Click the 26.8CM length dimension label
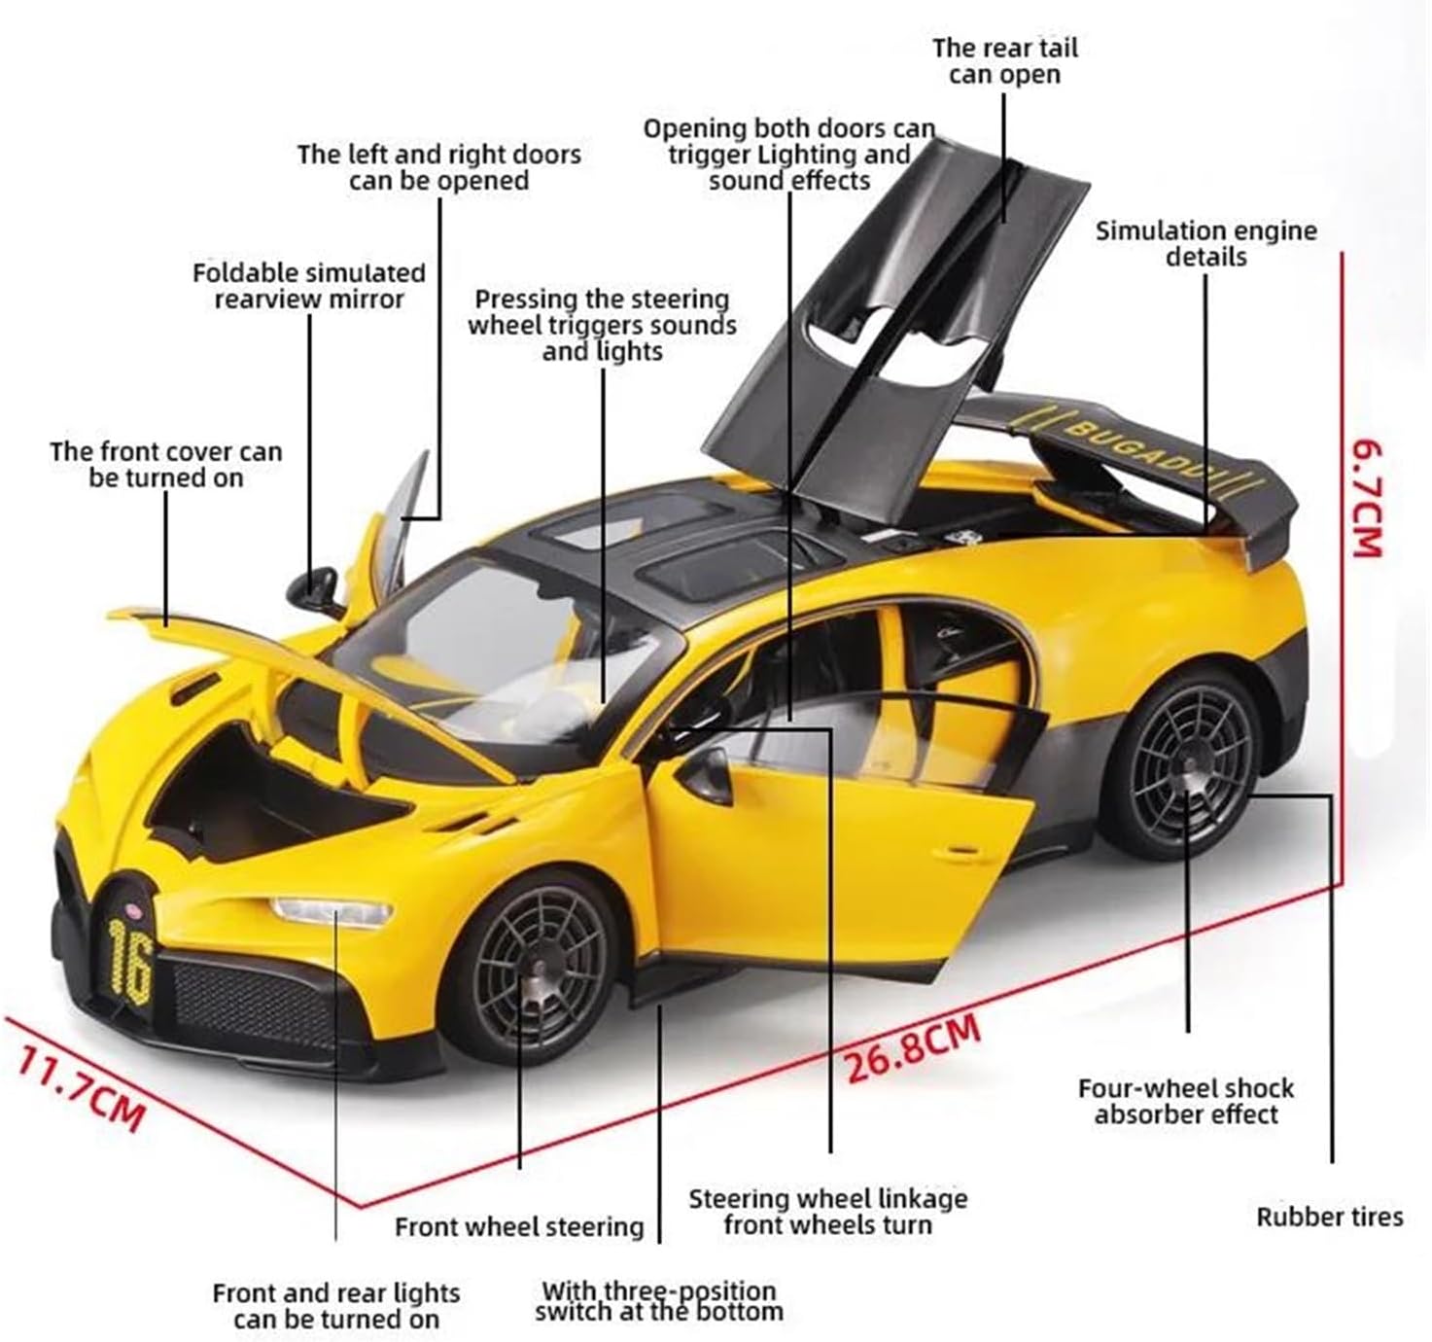pos(912,1048)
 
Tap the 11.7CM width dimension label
pos(80,1084)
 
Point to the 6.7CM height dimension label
pos(1366,498)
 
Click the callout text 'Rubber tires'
pos(1329,1217)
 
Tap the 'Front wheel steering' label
pos(519,1227)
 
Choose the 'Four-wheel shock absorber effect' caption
pos(1186,1102)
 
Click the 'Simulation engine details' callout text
pos(1205,244)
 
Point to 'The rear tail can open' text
pos(1004,61)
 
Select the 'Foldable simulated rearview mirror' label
pos(309,286)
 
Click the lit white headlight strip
pos(331,912)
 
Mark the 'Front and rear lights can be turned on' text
pos(336,1306)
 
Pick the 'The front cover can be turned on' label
pos(165,465)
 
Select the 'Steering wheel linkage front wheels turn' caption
pos(828,1212)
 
